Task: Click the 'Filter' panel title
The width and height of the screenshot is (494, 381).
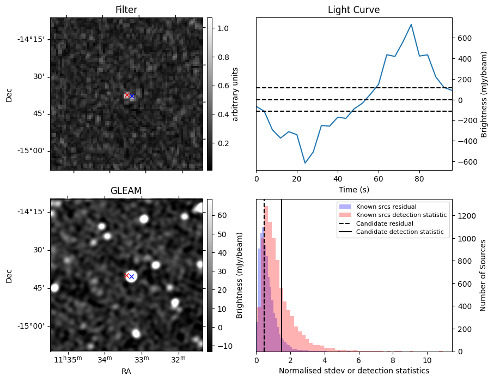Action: pos(126,10)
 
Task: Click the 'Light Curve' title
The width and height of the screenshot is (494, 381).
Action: pos(353,10)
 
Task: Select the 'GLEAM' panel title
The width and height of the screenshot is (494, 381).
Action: pos(126,191)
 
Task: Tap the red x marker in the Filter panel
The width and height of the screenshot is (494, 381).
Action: pos(127,95)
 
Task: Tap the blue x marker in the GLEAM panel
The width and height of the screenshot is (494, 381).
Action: pos(131,277)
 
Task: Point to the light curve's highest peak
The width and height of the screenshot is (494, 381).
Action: pos(411,25)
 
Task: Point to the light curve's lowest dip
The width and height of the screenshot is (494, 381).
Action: pos(305,163)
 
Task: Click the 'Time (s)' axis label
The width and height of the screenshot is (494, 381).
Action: pos(353,189)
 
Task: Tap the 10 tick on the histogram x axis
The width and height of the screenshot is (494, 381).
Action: pos(427,360)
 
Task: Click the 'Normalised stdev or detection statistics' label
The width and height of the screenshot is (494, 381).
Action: pos(353,371)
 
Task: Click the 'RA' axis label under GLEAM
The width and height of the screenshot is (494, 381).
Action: pos(126,371)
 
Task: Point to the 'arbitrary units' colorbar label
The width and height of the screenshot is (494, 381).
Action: pos(235,94)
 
